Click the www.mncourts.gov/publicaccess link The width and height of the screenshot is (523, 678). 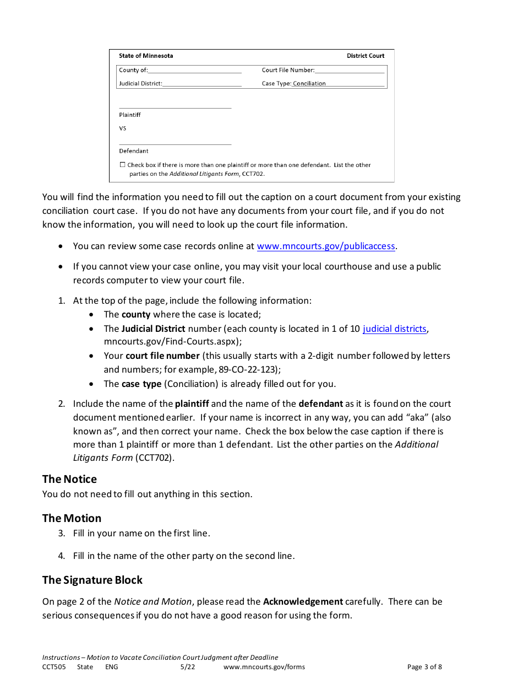(x=326, y=246)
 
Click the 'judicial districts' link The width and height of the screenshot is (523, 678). (x=394, y=329)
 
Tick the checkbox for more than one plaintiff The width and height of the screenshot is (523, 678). (x=122, y=165)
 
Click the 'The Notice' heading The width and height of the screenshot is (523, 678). (x=69, y=479)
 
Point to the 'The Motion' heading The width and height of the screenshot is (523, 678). (x=72, y=518)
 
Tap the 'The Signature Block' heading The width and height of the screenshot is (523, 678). (x=92, y=580)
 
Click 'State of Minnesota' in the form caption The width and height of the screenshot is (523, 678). (x=146, y=56)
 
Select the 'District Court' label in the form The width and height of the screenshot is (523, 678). (x=366, y=56)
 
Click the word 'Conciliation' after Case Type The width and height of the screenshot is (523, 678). (x=309, y=84)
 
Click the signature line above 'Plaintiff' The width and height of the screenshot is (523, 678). (x=175, y=107)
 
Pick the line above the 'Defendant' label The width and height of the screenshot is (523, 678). (x=175, y=144)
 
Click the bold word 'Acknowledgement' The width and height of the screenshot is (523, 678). (x=303, y=601)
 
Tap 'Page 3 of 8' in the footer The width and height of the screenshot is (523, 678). (x=424, y=667)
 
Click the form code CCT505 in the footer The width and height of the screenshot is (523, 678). (x=54, y=667)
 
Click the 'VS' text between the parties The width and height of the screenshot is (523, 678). (x=123, y=128)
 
